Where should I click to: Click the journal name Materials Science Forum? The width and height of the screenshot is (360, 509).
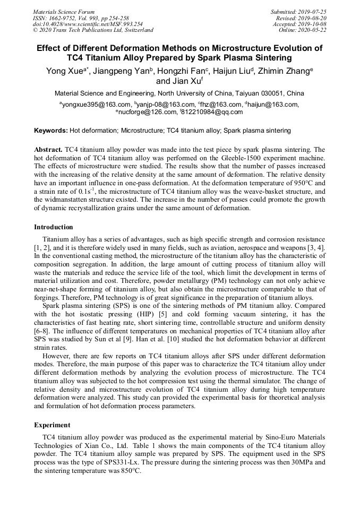pyautogui.click(x=64, y=12)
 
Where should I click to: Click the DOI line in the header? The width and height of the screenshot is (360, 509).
pyautogui.click(x=88, y=24)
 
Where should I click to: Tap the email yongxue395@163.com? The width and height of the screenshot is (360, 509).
pyautogui.click(x=97, y=105)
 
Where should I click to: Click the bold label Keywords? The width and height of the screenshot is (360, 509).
pyautogui.click(x=51, y=130)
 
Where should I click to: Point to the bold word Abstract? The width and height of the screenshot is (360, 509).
pyautogui.click(x=48, y=150)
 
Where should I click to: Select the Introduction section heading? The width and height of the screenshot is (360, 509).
pyautogui.click(x=54, y=227)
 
